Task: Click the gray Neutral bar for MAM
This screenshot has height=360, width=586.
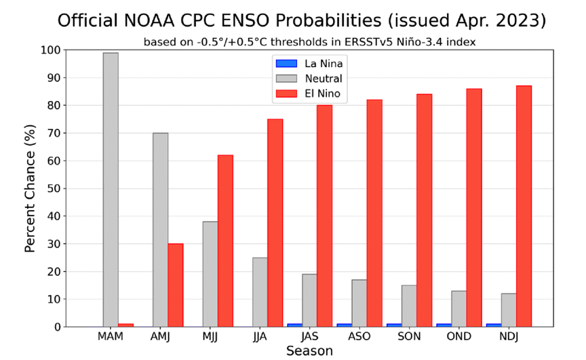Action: (111, 190)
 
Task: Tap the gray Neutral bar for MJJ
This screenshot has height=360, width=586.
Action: (210, 274)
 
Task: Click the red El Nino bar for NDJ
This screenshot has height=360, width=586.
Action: (524, 206)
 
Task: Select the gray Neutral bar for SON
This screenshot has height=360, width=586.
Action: (409, 306)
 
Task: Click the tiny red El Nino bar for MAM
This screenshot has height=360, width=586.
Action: (126, 325)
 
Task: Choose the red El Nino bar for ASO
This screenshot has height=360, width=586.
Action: (374, 213)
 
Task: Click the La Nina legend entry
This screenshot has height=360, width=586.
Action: (309, 64)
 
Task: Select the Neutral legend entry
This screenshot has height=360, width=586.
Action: (309, 79)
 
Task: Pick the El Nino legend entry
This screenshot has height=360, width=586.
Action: (309, 95)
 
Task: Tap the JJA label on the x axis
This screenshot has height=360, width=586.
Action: (259, 337)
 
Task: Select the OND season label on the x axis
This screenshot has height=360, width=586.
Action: (458, 337)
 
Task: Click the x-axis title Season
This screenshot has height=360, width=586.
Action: (309, 351)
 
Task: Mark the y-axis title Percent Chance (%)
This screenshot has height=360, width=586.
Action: (30, 188)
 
